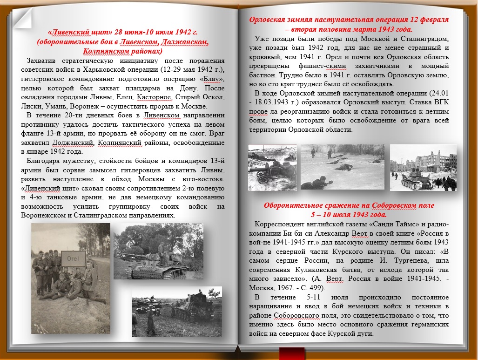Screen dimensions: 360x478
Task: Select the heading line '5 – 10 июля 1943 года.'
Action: [x=349, y=215]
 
